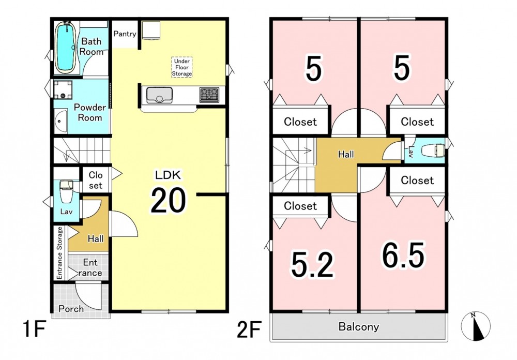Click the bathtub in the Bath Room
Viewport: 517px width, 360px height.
point(66,47)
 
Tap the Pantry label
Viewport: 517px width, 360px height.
point(125,34)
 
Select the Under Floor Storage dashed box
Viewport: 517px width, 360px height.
point(181,67)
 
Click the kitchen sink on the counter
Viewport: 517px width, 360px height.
point(159,95)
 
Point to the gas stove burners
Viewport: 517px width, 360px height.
point(209,94)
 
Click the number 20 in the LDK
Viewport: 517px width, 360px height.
point(168,200)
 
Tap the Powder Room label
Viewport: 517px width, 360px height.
point(89,113)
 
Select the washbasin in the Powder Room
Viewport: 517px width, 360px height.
point(60,121)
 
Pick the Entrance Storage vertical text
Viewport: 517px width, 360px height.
point(59,253)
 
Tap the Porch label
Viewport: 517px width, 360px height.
point(71,309)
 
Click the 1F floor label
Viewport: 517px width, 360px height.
point(34,329)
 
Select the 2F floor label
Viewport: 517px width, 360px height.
point(250,329)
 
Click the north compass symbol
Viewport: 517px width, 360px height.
point(476,326)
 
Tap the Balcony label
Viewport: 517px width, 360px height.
point(359,327)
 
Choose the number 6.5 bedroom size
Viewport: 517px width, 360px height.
point(403,254)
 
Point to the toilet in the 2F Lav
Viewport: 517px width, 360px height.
point(433,151)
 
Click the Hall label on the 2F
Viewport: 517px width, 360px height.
point(346,154)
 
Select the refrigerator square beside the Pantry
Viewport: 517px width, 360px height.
point(151,31)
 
